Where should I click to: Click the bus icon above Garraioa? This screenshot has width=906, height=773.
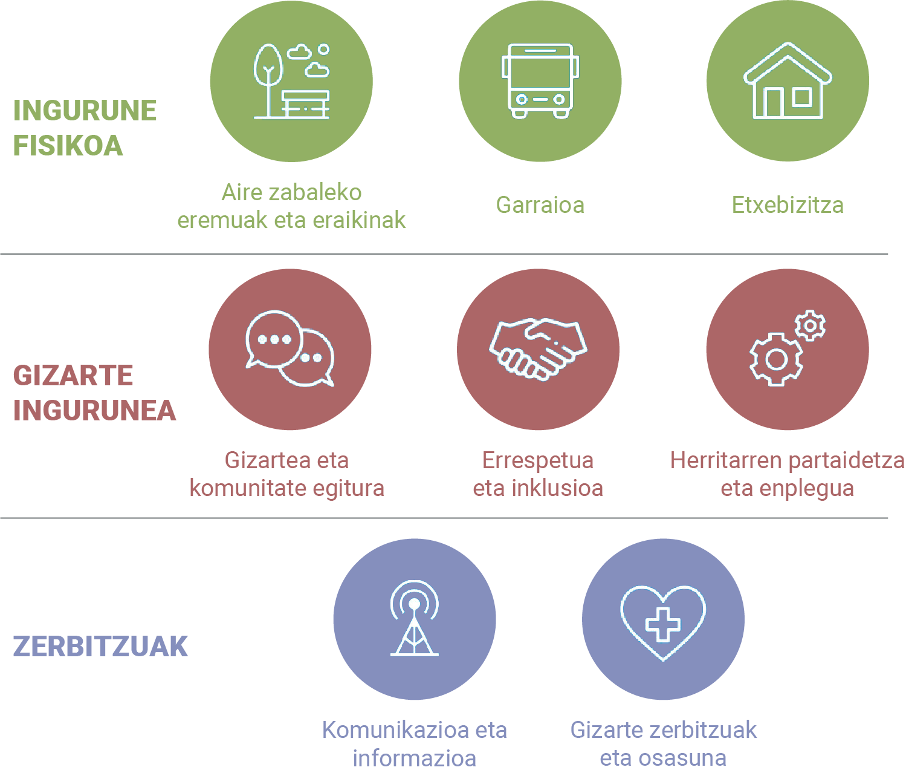click(x=540, y=81)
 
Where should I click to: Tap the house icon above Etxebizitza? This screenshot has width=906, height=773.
click(x=788, y=81)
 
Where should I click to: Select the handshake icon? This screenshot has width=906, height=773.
click(x=538, y=349)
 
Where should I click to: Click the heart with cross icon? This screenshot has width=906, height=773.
click(x=663, y=623)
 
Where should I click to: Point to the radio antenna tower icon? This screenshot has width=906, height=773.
click(x=414, y=618)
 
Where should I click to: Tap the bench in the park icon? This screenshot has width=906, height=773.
click(x=305, y=105)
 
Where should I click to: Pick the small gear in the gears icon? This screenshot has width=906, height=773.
click(x=810, y=325)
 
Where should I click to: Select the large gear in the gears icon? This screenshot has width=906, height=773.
click(x=776, y=360)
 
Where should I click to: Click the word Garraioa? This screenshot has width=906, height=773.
click(x=540, y=205)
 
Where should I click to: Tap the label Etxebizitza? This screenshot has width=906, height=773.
click(x=788, y=205)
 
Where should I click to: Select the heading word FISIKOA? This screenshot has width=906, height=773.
click(x=68, y=145)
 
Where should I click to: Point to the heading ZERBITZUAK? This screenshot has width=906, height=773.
click(x=100, y=646)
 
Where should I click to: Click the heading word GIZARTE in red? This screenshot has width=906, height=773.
click(x=73, y=376)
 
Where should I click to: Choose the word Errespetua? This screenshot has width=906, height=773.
click(x=538, y=460)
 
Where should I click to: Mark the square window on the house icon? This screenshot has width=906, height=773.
click(x=803, y=97)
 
